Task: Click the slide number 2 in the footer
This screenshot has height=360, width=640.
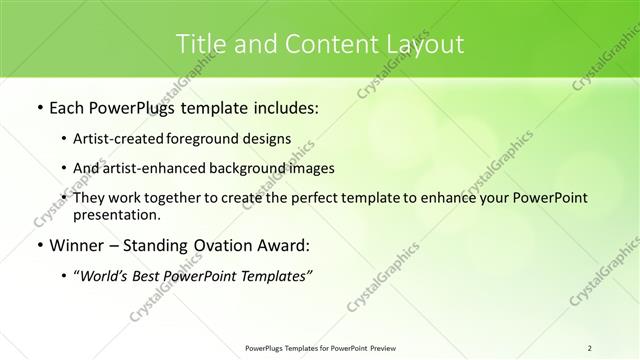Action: tap(590, 348)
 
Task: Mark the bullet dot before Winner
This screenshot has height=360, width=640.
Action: tap(39, 245)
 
